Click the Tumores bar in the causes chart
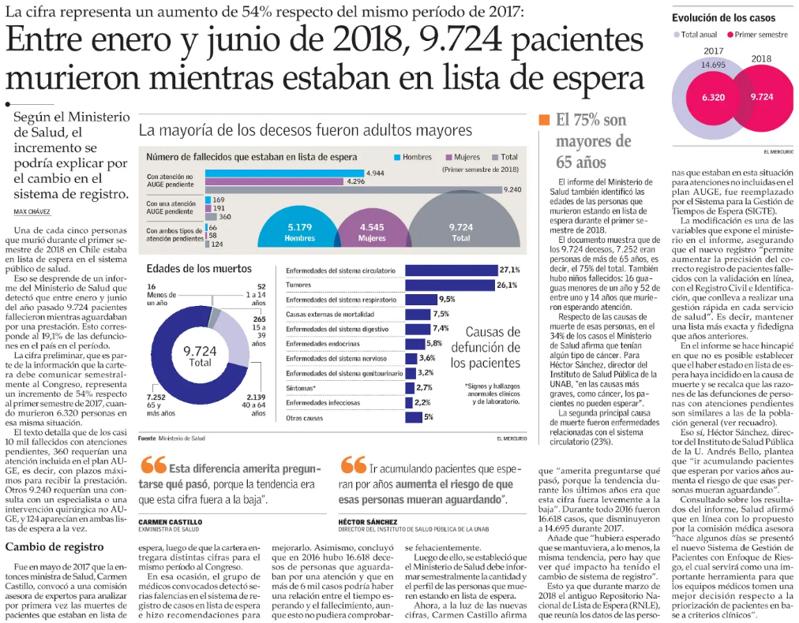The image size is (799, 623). coord(451,285)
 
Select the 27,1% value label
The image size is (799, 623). coord(509,270)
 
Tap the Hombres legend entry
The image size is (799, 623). coord(413,157)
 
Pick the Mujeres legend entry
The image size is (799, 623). coord(463,157)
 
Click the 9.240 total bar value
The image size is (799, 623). coord(512,189)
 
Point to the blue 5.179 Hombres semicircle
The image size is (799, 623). coord(299,232)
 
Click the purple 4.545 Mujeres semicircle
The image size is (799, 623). coord(372,232)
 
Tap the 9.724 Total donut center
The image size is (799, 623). coord(200,356)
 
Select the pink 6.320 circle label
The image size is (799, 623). coord(714,97)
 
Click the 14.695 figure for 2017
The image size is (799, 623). coord(713,65)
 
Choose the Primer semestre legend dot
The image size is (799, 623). coord(730,35)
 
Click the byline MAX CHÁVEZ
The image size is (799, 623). coord(32,211)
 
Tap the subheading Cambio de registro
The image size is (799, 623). coord(54,547)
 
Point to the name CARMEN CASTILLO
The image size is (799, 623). coord(171,522)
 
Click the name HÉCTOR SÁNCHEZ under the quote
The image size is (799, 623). coord(368,522)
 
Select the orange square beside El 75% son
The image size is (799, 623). coord(544,120)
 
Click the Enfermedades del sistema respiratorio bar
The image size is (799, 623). coord(421,300)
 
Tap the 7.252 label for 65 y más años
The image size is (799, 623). coord(156,397)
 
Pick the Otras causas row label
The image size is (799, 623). coord(304,418)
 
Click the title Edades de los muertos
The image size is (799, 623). coord(199,269)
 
